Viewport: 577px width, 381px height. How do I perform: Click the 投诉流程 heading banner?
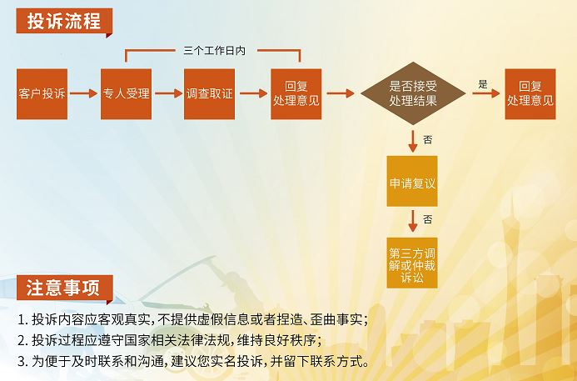coord(64,22)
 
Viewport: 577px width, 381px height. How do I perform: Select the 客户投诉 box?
coord(42,94)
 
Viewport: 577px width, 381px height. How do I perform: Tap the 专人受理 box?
coord(127,94)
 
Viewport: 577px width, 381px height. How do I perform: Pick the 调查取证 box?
coord(209,94)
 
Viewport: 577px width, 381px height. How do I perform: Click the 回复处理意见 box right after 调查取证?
coord(296,94)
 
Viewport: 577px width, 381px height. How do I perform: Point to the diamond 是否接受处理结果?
coord(413,93)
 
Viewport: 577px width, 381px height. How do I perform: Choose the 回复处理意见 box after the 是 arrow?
coord(530,94)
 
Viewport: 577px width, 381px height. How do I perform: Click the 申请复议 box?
coord(412,181)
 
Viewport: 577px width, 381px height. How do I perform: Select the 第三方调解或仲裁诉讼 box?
coord(412,263)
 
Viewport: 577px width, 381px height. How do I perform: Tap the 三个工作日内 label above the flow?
coord(214,51)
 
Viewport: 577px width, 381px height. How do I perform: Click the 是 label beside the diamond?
coord(483,84)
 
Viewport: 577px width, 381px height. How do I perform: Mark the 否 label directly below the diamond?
coord(428,140)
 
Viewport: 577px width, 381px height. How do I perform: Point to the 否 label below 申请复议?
coord(428,220)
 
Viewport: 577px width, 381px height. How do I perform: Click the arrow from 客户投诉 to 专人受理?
coord(84,93)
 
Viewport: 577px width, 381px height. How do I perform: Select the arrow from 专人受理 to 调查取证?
coord(168,93)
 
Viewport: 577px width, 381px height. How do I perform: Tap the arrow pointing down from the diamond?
coord(413,141)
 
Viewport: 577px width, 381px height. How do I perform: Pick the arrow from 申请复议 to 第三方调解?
coord(413,221)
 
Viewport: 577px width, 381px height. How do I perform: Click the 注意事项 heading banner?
coord(64,288)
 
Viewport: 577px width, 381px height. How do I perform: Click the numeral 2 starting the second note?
coord(22,340)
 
